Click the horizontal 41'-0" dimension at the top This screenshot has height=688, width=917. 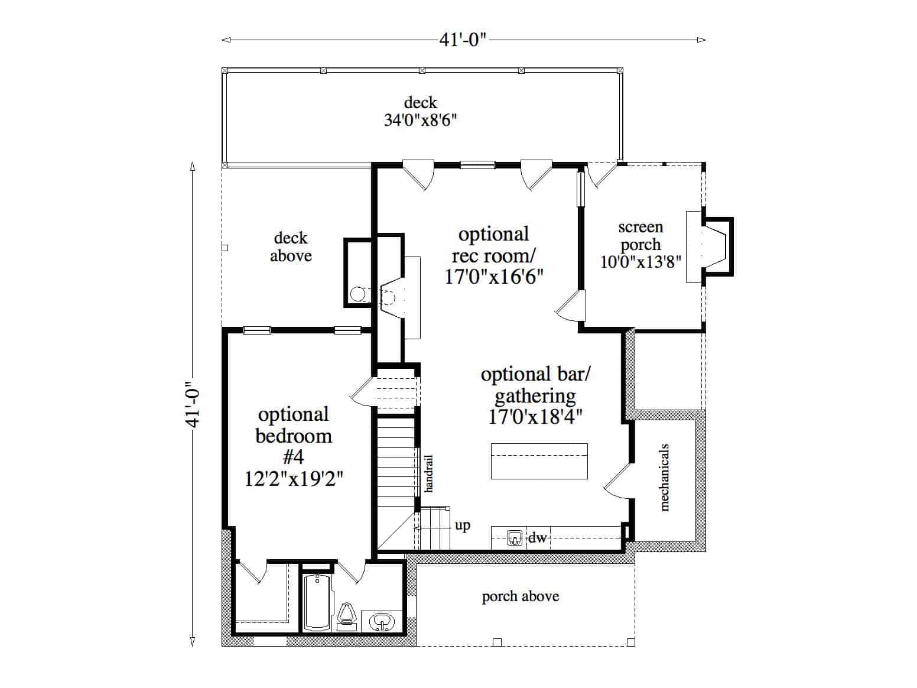[x=463, y=40]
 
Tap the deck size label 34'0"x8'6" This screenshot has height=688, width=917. [x=421, y=120]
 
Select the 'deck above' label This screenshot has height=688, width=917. [x=291, y=247]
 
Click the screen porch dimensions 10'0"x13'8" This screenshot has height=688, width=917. [x=640, y=262]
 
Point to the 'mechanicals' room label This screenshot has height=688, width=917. [x=665, y=477]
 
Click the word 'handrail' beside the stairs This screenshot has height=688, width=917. [x=429, y=473]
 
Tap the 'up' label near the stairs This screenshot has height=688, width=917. [x=463, y=525]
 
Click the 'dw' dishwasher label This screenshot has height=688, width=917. [x=538, y=538]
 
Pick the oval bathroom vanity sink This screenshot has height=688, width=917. [x=382, y=621]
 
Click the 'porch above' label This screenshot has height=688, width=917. [x=521, y=596]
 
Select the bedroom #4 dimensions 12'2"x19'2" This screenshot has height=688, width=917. [x=294, y=477]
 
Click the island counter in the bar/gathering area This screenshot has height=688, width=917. [x=539, y=461]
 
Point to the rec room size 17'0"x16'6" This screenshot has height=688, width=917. [x=494, y=277]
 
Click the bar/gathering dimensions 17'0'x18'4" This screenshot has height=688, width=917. [x=535, y=417]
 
